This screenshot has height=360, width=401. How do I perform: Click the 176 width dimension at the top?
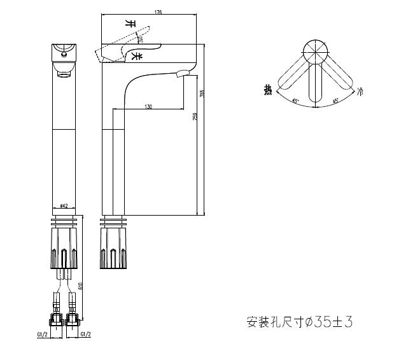[158, 12]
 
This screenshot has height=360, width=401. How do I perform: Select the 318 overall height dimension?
[202, 93]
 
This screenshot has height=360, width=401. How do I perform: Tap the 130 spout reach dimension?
[148, 106]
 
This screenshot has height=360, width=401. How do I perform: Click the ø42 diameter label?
[64, 205]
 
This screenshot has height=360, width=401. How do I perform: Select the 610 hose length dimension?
[80, 286]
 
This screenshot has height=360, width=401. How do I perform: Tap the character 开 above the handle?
[131, 23]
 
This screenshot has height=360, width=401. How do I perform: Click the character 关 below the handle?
[135, 57]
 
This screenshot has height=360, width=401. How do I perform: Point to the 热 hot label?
[268, 90]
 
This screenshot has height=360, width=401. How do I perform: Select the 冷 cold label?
[361, 92]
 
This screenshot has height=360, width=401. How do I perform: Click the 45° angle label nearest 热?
[295, 100]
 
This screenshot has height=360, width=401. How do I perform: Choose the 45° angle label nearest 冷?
[335, 100]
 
